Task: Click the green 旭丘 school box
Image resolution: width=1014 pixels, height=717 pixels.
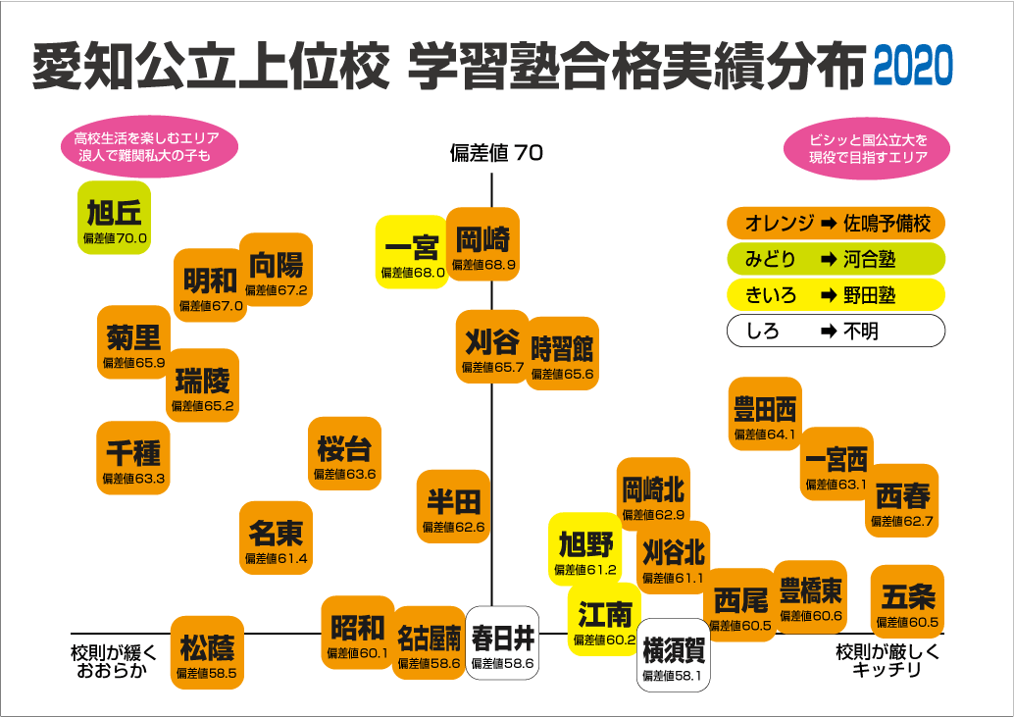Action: pos(115,218)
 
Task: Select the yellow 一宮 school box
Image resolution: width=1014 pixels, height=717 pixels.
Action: pos(412,252)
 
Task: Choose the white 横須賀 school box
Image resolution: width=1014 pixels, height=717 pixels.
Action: pos(674,655)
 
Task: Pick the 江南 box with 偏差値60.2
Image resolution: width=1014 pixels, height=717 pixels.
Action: pos(604,620)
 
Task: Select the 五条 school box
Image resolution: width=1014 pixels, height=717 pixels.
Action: pos(907,601)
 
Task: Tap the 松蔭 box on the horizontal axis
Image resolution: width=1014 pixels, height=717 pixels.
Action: pos(207,653)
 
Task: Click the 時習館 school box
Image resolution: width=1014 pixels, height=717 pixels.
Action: pos(562,353)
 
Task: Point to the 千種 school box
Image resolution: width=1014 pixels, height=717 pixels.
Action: pos(133,458)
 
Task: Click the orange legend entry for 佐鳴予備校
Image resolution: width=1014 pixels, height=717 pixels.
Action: pos(836,223)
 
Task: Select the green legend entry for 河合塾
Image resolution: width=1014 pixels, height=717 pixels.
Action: pos(836,259)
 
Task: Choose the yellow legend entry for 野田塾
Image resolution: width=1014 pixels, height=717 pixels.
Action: pos(836,294)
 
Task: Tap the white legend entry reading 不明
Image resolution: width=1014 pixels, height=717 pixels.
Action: pos(836,331)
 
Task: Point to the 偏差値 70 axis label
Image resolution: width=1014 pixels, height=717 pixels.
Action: pos(496,153)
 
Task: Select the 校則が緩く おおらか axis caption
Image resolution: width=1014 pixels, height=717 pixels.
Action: pos(114,661)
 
